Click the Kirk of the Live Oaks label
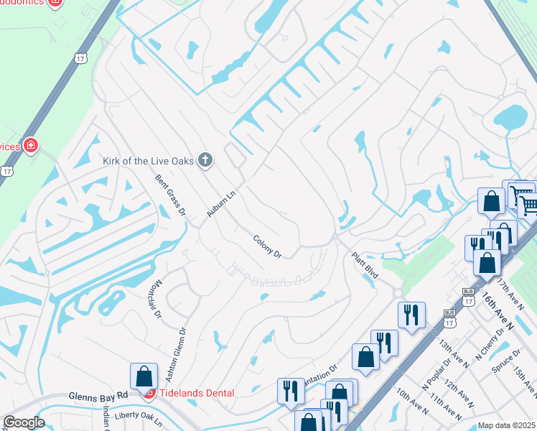point(149,160)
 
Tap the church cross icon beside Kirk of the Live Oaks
point(205,159)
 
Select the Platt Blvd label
point(364,264)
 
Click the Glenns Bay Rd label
point(98,396)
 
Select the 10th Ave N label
point(412,399)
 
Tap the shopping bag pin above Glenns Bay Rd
point(144,376)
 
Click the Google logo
point(24,422)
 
